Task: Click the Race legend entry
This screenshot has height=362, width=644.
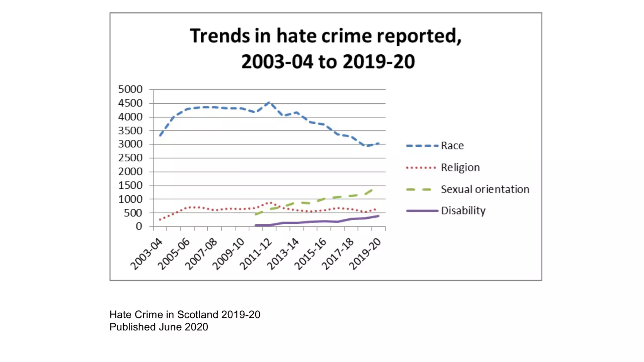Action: pyautogui.click(x=452, y=146)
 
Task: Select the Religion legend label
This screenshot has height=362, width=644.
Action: pyautogui.click(x=460, y=168)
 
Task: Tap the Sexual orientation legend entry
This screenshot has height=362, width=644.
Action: pyautogui.click(x=485, y=189)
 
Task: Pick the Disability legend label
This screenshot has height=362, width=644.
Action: pyautogui.click(x=463, y=211)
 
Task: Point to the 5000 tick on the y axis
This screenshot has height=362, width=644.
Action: pyautogui.click(x=130, y=89)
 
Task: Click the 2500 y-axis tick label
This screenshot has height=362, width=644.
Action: pyautogui.click(x=130, y=158)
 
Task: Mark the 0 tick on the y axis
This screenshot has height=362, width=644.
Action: pyautogui.click(x=139, y=226)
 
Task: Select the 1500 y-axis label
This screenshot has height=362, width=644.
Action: pyautogui.click(x=130, y=186)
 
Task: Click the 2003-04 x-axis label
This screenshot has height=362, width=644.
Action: pyautogui.click(x=146, y=254)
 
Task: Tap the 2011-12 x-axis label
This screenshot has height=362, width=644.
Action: pyautogui.click(x=256, y=254)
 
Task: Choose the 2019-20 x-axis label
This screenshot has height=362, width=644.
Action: pyautogui.click(x=365, y=254)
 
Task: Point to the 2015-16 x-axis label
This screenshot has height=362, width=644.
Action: pyautogui.click(x=311, y=254)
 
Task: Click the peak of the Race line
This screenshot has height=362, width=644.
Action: pyautogui.click(x=269, y=102)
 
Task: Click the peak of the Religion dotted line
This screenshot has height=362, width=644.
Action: pyautogui.click(x=270, y=202)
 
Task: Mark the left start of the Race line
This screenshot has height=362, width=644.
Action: pyautogui.click(x=160, y=136)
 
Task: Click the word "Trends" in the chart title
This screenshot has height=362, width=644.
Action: pyautogui.click(x=220, y=36)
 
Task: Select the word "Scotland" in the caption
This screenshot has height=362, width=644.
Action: pyautogui.click(x=197, y=315)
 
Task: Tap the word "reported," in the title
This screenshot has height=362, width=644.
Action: pyautogui.click(x=419, y=37)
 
